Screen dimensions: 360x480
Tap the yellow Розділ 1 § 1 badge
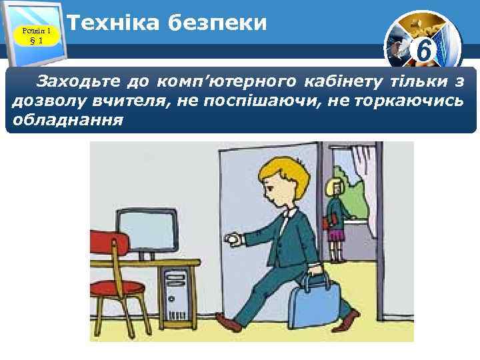37,34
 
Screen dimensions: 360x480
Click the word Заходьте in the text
75,83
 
